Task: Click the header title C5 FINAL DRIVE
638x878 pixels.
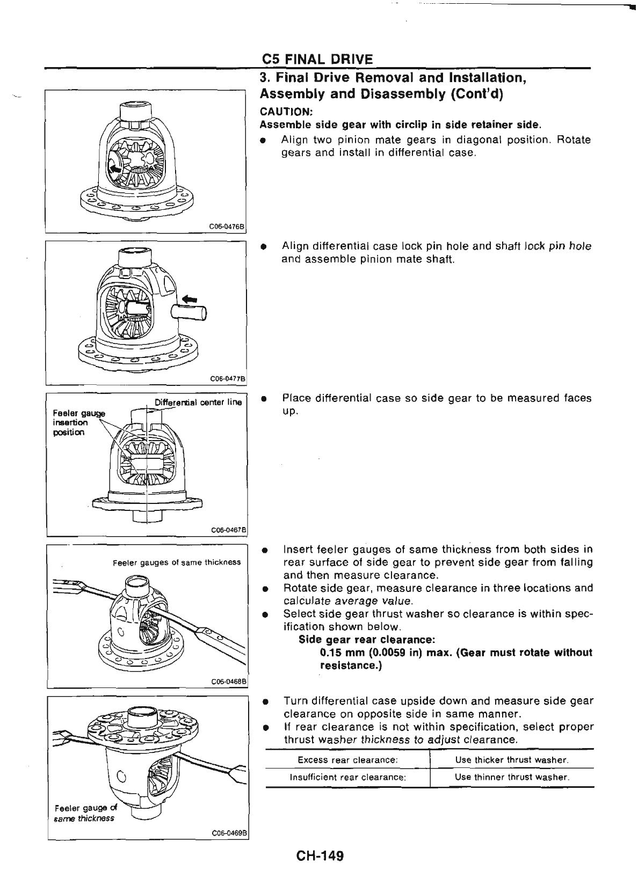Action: coord(317,58)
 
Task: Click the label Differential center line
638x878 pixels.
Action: coord(198,403)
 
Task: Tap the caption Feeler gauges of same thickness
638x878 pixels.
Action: coord(177,562)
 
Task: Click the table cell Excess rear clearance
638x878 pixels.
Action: coord(347,760)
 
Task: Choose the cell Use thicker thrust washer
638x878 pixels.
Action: coord(512,760)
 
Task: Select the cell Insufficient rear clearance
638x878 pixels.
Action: coord(347,777)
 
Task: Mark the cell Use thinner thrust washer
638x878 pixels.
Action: coord(512,777)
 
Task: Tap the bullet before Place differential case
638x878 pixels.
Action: coord(264,399)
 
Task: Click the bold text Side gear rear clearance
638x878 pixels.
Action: coord(366,640)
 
